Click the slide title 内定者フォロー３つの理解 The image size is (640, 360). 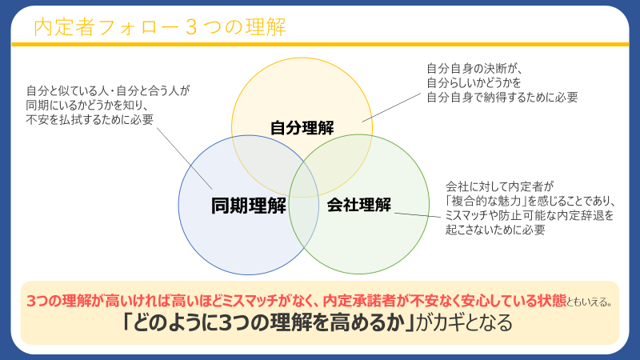[159, 27]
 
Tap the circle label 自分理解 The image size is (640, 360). [302, 128]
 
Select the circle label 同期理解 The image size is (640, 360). [249, 206]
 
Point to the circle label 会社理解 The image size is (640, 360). [358, 205]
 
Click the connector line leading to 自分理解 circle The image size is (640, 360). [391, 107]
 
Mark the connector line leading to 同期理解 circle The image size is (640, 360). [185, 158]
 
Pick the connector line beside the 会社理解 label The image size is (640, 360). [418, 214]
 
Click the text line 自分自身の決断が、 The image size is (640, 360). [474, 68]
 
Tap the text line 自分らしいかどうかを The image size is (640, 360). [474, 83]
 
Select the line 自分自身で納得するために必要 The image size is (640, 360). [502, 97]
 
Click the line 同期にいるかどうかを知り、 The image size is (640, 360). [87, 105]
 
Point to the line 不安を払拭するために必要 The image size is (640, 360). [90, 119]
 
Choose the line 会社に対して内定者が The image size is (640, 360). [499, 186]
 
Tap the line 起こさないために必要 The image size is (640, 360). [495, 230]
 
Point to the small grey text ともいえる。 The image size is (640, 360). [590, 302]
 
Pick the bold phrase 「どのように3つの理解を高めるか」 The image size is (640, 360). [268, 322]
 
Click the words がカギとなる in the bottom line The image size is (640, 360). [464, 322]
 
